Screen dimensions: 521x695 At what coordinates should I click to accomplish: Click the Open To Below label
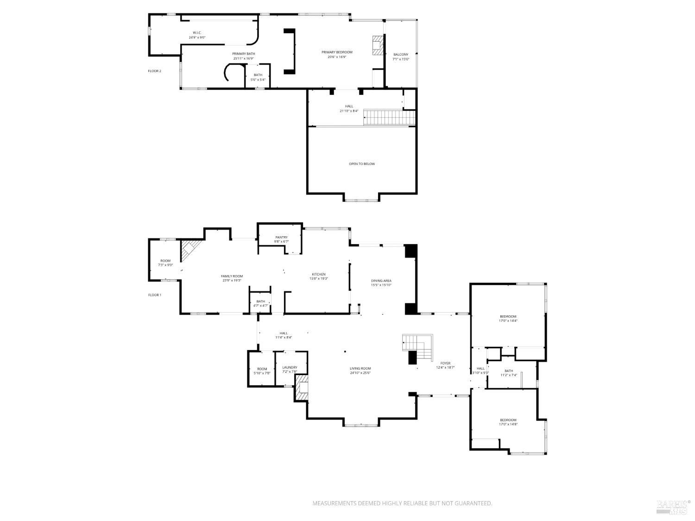pyautogui.click(x=362, y=164)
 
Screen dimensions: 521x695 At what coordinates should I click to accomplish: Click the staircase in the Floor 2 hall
pyautogui.click(x=388, y=117)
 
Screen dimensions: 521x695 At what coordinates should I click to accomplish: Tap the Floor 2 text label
pyautogui.click(x=154, y=71)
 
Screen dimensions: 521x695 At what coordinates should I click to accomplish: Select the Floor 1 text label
pyautogui.click(x=154, y=295)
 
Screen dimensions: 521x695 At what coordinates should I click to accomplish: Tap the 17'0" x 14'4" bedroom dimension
pyautogui.click(x=508, y=320)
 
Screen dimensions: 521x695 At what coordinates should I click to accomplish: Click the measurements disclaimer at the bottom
pyautogui.click(x=402, y=503)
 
